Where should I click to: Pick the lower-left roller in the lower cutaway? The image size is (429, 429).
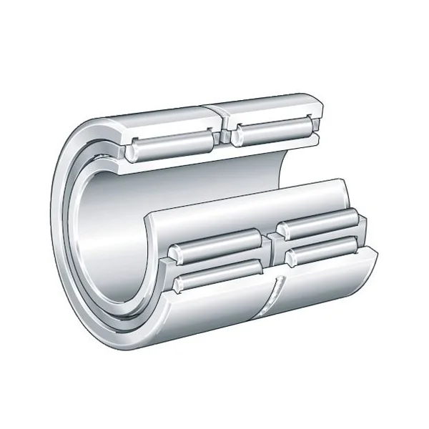(x=218, y=276)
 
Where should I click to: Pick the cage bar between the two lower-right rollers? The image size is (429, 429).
(x=322, y=238)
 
